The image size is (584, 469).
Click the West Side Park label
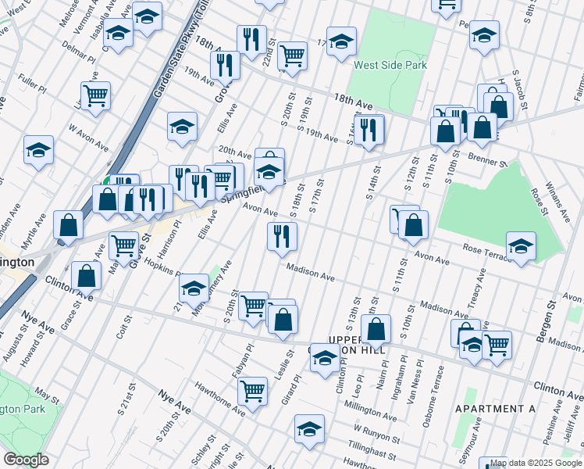[390, 65]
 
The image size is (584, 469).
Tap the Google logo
[27, 459]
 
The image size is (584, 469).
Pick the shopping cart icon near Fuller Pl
[95, 95]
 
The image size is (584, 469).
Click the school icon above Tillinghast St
[309, 428]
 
